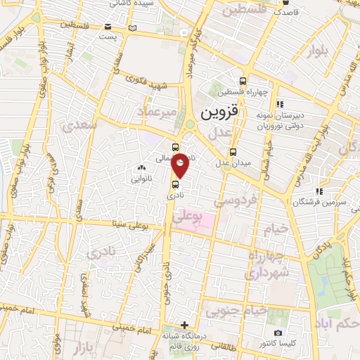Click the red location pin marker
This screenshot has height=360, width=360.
click(x=181, y=165)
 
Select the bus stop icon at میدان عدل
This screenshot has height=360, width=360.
click(x=233, y=151)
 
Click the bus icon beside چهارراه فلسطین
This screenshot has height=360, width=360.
click(x=243, y=81)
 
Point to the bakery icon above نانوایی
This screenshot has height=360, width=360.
click(x=142, y=167)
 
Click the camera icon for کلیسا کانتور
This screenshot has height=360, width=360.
click(x=278, y=333)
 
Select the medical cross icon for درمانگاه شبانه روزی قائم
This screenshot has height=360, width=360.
click(x=184, y=325)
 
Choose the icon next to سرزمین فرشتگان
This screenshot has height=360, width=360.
click(x=319, y=191)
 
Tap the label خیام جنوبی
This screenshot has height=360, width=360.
click(x=245, y=309)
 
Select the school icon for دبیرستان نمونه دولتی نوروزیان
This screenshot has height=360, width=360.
click(x=278, y=104)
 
